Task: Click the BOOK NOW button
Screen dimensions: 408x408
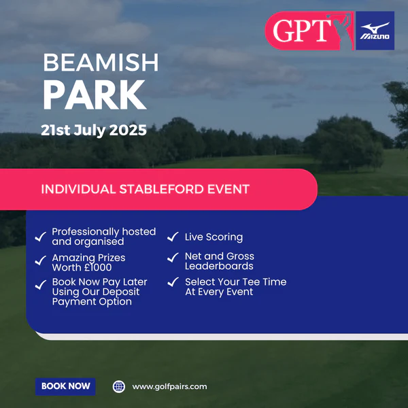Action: (65, 386)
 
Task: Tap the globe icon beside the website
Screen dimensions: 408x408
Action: (119, 387)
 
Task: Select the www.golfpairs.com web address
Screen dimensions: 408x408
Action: (169, 387)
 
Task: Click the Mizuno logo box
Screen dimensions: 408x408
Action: (375, 31)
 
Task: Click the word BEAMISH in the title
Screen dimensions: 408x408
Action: (101, 63)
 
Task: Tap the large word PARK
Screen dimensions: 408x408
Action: (95, 95)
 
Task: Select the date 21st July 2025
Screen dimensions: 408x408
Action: (94, 130)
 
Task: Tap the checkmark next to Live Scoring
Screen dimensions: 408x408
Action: (173, 237)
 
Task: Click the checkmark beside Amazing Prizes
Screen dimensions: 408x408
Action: (40, 260)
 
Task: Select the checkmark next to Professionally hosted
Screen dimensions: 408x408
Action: (40, 237)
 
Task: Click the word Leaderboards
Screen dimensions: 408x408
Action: (219, 266)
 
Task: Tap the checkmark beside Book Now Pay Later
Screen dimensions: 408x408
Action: (40, 285)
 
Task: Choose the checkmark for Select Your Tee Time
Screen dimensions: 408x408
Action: (173, 282)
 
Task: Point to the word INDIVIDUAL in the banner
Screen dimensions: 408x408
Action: (78, 189)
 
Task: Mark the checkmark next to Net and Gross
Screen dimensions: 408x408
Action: (173, 258)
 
